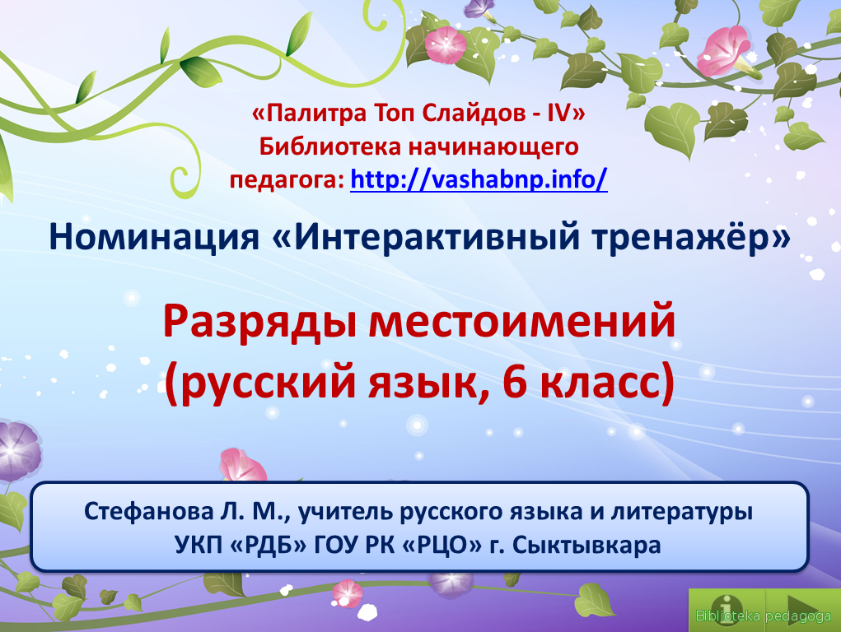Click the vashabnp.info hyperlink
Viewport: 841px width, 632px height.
pyautogui.click(x=479, y=179)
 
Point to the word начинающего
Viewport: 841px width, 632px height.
pyautogui.click(x=493, y=147)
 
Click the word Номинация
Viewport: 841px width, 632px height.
pyautogui.click(x=154, y=236)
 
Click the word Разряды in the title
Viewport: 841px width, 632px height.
pyautogui.click(x=259, y=323)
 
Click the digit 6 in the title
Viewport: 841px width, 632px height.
pyautogui.click(x=515, y=383)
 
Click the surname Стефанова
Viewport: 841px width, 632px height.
pyautogui.click(x=148, y=511)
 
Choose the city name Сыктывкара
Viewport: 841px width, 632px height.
pyautogui.click(x=586, y=545)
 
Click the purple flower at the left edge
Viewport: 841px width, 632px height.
pyautogui.click(x=17, y=449)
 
